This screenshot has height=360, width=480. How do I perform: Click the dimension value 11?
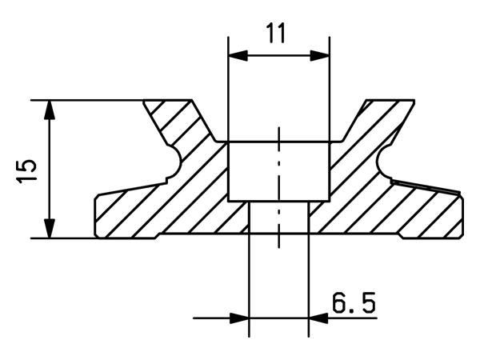(x=278, y=34)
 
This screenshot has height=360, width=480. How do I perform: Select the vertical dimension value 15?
(x=26, y=170)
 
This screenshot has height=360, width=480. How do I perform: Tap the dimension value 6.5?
(x=353, y=303)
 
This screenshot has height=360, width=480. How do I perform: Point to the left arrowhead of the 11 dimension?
(x=237, y=55)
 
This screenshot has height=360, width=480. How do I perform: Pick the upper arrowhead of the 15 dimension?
(x=50, y=108)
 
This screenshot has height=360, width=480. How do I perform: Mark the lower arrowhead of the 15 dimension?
(x=50, y=230)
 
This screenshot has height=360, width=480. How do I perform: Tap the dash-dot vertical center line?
(x=278, y=184)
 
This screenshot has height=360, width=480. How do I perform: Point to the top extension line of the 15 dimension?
(x=88, y=100)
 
